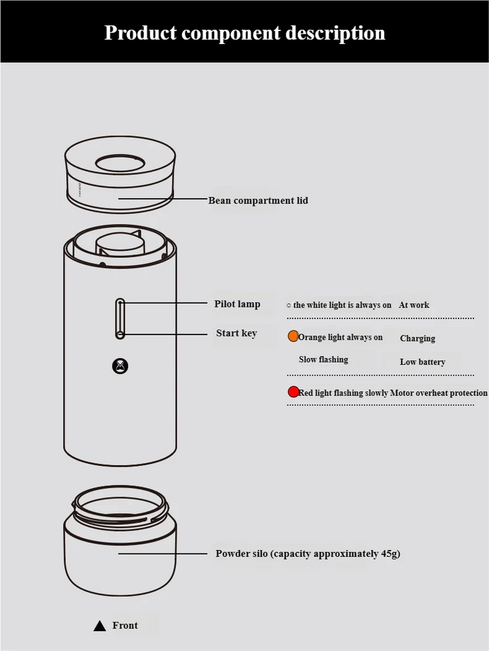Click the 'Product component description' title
tap(244, 33)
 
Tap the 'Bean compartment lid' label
tap(258, 201)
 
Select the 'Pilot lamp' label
tap(237, 304)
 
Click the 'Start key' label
tap(236, 333)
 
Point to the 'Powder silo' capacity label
tap(307, 553)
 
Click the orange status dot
tap(293, 336)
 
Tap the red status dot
tap(293, 392)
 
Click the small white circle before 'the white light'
tap(289, 306)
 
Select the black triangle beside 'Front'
tap(100, 626)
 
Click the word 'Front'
tap(125, 625)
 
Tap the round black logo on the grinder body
tap(121, 366)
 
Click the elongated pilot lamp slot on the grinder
tap(120, 319)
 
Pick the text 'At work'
tap(414, 304)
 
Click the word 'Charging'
tap(418, 338)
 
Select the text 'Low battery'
tap(423, 362)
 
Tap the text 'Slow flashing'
tap(324, 359)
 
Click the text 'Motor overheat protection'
tap(439, 393)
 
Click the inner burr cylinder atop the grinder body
tap(120, 245)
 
